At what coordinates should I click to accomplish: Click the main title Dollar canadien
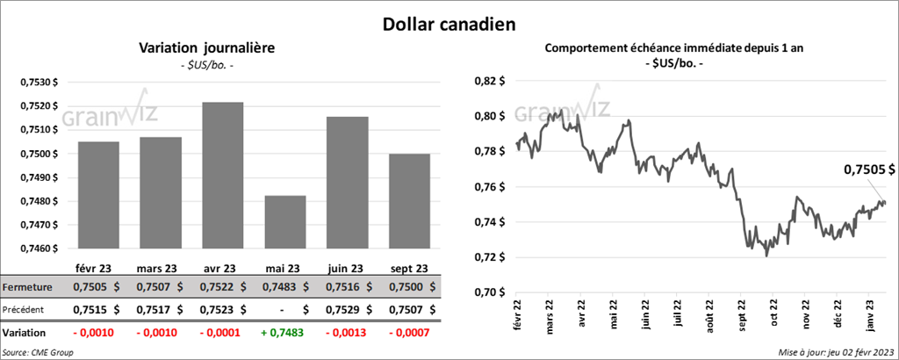click(x=449, y=20)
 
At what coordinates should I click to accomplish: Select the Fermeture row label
click(x=28, y=287)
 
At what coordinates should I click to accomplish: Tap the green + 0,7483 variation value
click(x=284, y=334)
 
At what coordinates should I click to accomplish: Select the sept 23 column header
click(x=410, y=269)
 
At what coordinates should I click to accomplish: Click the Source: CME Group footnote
click(x=38, y=352)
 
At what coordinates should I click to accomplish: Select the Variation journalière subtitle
click(x=207, y=48)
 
